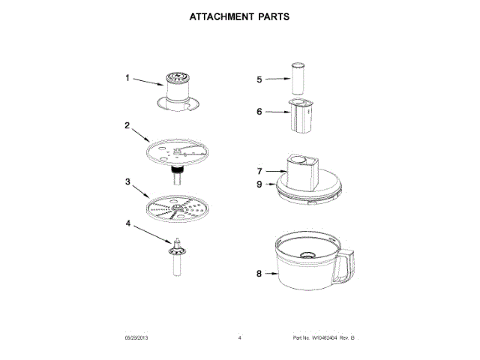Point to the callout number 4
(128, 223)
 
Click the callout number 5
(259, 79)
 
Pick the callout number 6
(259, 112)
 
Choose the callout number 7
(259, 171)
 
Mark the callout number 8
(259, 274)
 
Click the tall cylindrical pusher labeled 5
(300, 78)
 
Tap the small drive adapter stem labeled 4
(178, 259)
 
